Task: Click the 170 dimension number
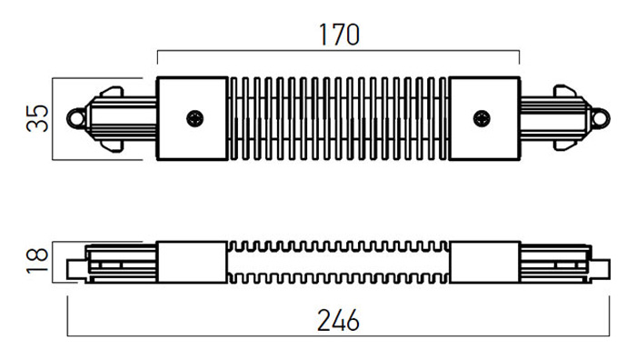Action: point(339,35)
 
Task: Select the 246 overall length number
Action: point(338,320)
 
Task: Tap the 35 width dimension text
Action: point(37,118)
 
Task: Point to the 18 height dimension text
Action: point(37,261)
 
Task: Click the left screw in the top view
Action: point(195,118)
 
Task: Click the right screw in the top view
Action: point(482,118)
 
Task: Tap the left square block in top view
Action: point(193,118)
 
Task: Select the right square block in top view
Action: point(484,118)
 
